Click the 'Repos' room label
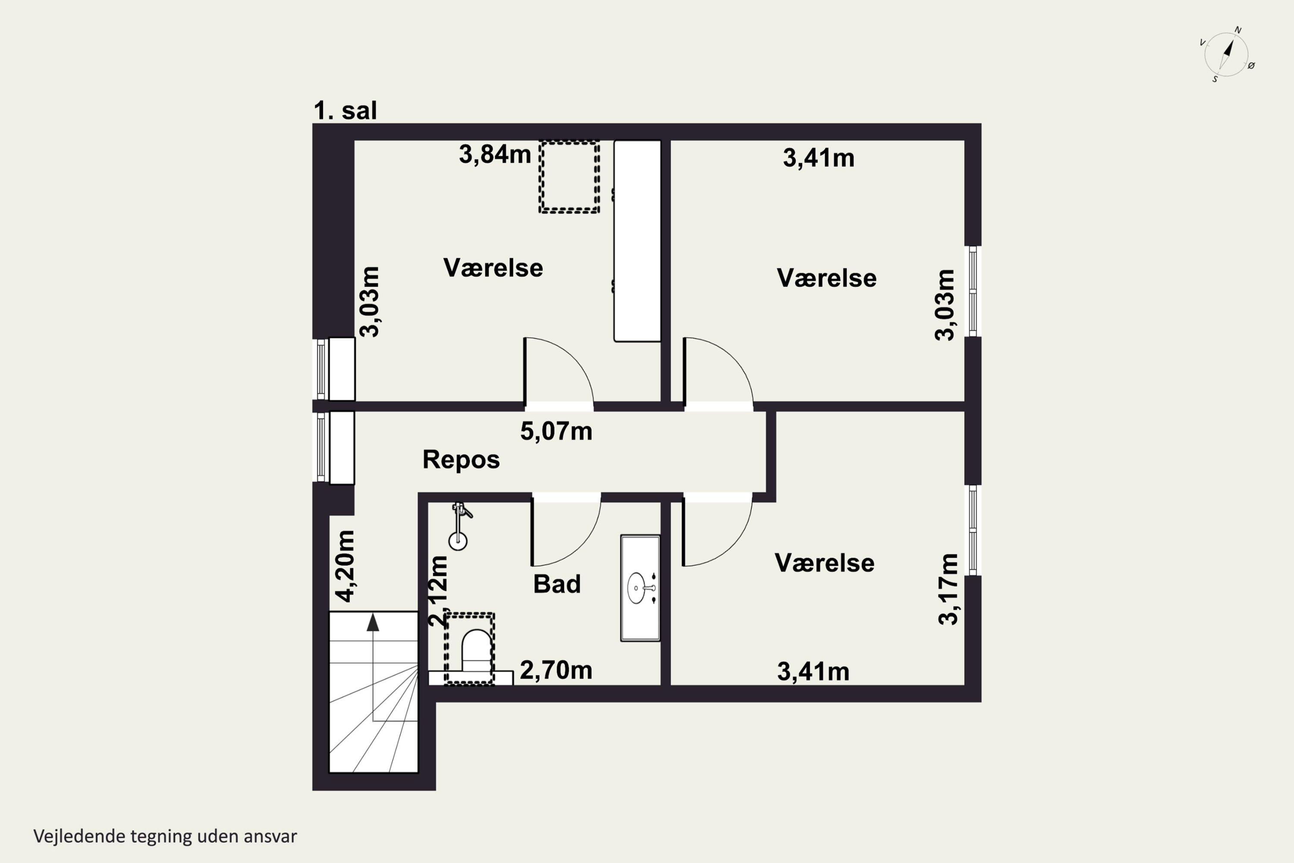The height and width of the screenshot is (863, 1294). tap(461, 460)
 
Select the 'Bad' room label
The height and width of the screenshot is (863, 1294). tap(557, 584)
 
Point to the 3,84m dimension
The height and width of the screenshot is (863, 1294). tap(495, 154)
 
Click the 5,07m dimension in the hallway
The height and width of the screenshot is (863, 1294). tap(556, 431)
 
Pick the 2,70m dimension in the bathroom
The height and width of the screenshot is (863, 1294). tap(556, 671)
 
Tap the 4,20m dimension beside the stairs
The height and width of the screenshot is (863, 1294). tap(346, 566)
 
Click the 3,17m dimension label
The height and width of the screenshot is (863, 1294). tap(948, 589)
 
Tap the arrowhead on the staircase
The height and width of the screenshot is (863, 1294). tap(373, 623)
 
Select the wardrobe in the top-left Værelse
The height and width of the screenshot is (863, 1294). tap(637, 241)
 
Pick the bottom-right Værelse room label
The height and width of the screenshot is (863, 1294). tap(824, 563)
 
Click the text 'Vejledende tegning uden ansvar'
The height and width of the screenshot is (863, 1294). tap(165, 836)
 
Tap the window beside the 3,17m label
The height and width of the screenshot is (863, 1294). tap(972, 530)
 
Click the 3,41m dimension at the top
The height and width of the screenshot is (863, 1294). tap(818, 158)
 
